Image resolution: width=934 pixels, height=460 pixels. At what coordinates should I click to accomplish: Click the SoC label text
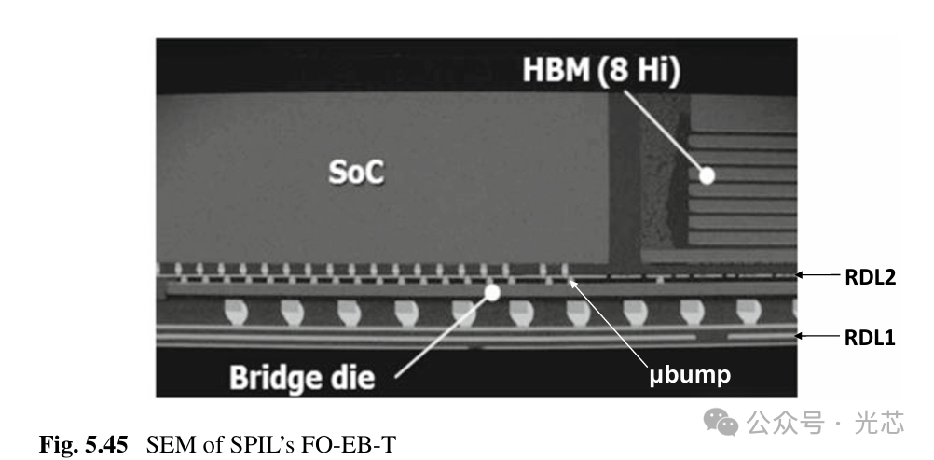click(357, 174)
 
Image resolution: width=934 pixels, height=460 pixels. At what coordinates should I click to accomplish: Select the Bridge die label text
click(302, 377)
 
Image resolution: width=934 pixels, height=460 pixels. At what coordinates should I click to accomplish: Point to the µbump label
click(690, 376)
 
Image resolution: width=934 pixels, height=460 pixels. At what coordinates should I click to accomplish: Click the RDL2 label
click(869, 276)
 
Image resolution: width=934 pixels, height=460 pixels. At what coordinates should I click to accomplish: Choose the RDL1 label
click(869, 338)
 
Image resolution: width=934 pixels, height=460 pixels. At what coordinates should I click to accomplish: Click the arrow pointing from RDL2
click(820, 275)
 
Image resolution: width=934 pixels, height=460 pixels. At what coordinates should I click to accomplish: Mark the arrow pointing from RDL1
click(820, 337)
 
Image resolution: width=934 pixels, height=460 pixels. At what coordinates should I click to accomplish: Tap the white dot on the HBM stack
click(707, 174)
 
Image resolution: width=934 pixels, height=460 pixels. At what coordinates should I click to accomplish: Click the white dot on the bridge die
click(492, 292)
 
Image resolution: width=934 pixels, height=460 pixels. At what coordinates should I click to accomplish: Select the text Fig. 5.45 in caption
click(82, 444)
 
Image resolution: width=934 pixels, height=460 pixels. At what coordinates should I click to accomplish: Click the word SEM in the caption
click(166, 444)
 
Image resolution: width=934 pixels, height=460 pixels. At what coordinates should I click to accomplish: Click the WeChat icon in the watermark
click(721, 423)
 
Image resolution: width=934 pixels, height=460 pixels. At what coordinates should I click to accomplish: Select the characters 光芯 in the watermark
click(880, 424)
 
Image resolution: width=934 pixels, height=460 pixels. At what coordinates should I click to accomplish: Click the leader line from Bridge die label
click(443, 334)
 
